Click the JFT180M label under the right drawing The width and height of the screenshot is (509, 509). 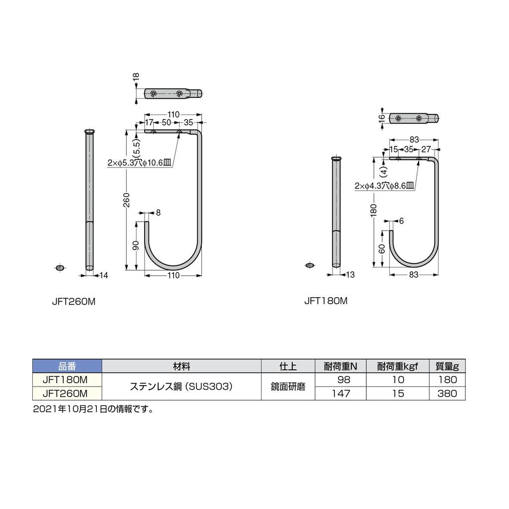coord(326,301)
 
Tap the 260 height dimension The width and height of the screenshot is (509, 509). coord(127,200)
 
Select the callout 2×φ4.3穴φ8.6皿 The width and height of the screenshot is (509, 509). coord(384,185)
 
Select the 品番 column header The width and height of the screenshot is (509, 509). coord(67,366)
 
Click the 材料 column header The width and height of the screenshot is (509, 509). coord(181,366)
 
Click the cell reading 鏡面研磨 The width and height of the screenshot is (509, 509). coord(288,387)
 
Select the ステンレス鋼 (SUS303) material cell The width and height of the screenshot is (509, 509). coord(181,387)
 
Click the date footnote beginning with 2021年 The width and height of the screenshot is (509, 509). coord(92,410)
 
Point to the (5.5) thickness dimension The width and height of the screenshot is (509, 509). coord(137,148)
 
